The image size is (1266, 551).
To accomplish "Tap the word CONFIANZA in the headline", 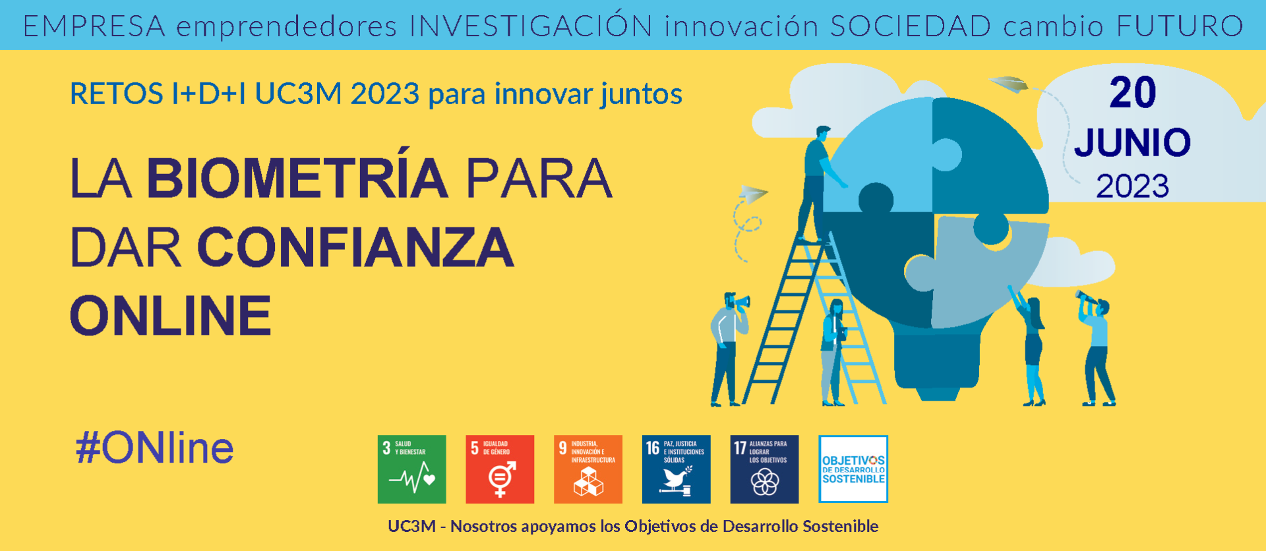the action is pos(355,247).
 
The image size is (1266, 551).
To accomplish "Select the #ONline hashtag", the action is pos(154,448).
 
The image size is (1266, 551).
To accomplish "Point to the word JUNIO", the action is pos(1132,142).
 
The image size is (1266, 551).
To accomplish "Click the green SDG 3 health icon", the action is pos(412,469).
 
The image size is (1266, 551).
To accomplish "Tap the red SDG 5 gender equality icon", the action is pos(500,469).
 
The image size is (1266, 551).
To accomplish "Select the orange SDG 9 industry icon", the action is pos(588,469).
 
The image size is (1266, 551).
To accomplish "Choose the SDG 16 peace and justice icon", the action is pos(677,469).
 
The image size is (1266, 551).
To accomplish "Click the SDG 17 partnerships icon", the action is pos(764,469).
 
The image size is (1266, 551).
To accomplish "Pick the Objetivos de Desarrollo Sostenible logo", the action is pos(853,469).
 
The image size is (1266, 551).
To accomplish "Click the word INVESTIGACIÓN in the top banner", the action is pos(531,26).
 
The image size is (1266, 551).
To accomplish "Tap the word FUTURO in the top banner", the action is pos(1180,26).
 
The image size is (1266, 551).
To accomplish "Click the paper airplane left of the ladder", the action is pos(753,194).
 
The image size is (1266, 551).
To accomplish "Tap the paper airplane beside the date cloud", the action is pos(1009,84).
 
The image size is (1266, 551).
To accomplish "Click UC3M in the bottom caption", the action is pos(412,526).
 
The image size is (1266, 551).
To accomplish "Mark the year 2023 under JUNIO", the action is pos(1132,187).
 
